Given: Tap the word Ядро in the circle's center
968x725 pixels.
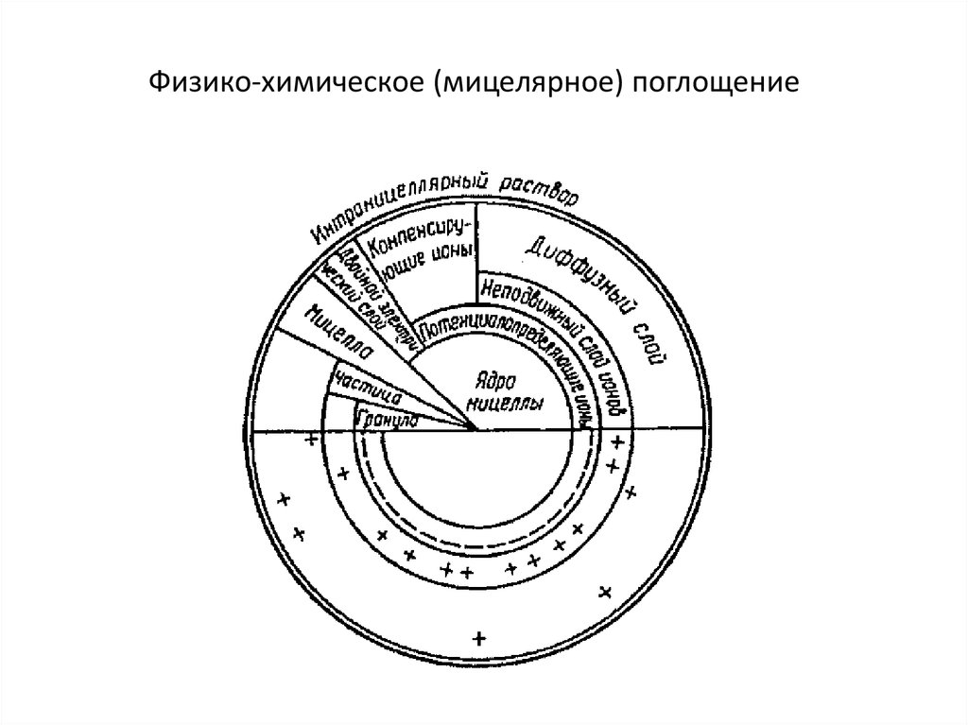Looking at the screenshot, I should [x=495, y=382].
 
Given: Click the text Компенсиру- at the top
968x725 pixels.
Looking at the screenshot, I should [x=417, y=242].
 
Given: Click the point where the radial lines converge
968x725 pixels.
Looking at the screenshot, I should [x=476, y=429].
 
